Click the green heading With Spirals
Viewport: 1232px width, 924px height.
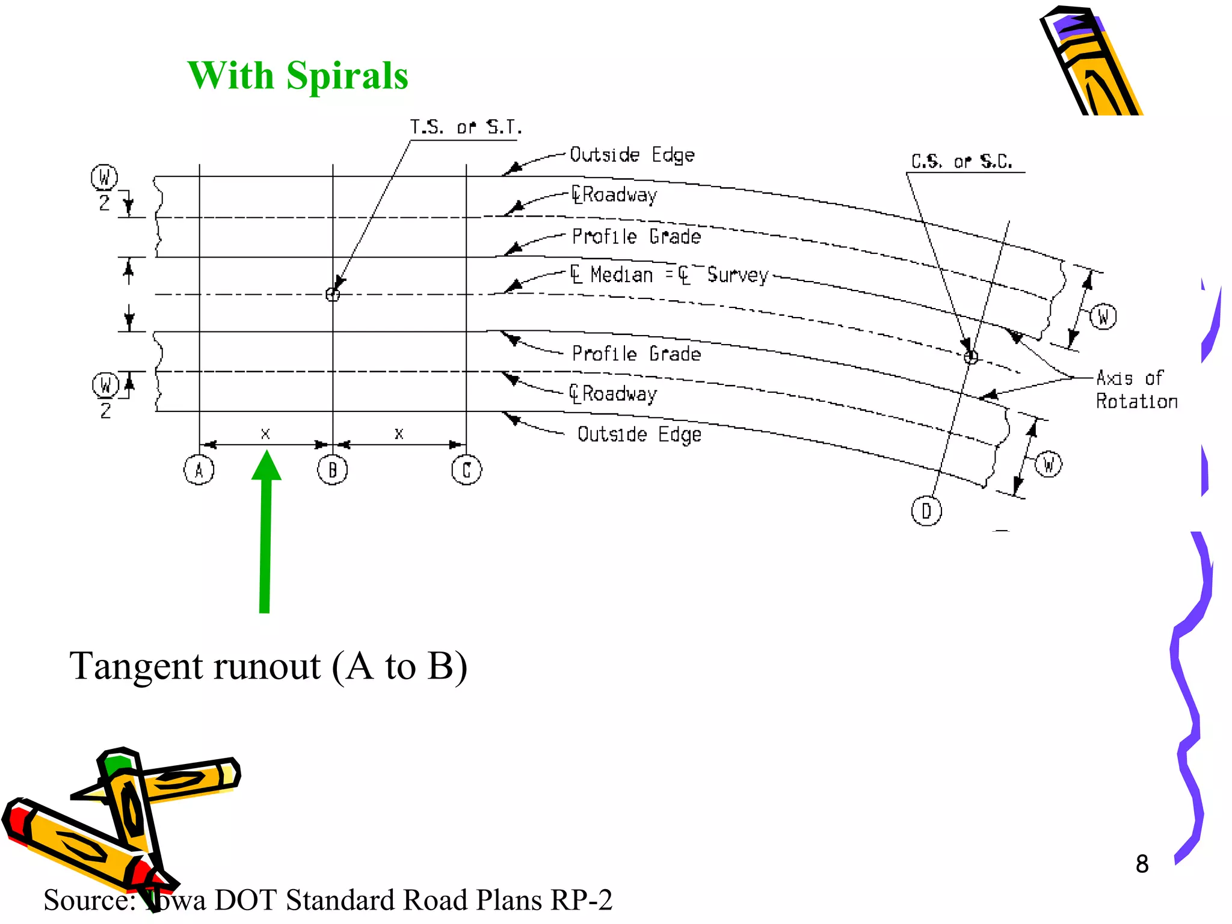point(298,76)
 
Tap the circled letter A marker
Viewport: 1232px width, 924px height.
point(199,470)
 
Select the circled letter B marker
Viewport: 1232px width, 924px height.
point(333,470)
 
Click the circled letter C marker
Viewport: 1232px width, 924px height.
point(466,470)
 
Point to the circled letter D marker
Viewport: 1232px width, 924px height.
point(926,511)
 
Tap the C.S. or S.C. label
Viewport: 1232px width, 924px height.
point(961,161)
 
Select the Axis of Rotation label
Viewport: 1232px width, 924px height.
point(1136,389)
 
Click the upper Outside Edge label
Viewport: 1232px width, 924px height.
point(632,155)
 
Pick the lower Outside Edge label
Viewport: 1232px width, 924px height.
point(639,434)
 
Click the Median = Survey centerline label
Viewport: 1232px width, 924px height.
point(670,275)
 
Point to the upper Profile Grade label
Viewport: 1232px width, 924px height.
point(636,236)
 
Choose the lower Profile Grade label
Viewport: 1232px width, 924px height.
point(636,354)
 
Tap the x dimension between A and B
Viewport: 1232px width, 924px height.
point(265,434)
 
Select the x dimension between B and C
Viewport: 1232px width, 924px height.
point(399,434)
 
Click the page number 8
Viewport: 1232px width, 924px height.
point(1142,864)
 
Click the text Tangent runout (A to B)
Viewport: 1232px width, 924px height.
point(268,667)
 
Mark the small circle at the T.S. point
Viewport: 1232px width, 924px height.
point(333,294)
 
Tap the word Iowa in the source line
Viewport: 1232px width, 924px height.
point(174,901)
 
